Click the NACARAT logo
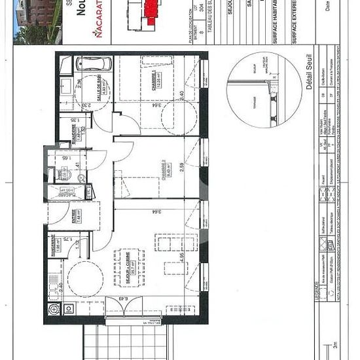click(99, 31)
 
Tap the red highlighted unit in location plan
click(151, 10)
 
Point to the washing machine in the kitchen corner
click(54, 308)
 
